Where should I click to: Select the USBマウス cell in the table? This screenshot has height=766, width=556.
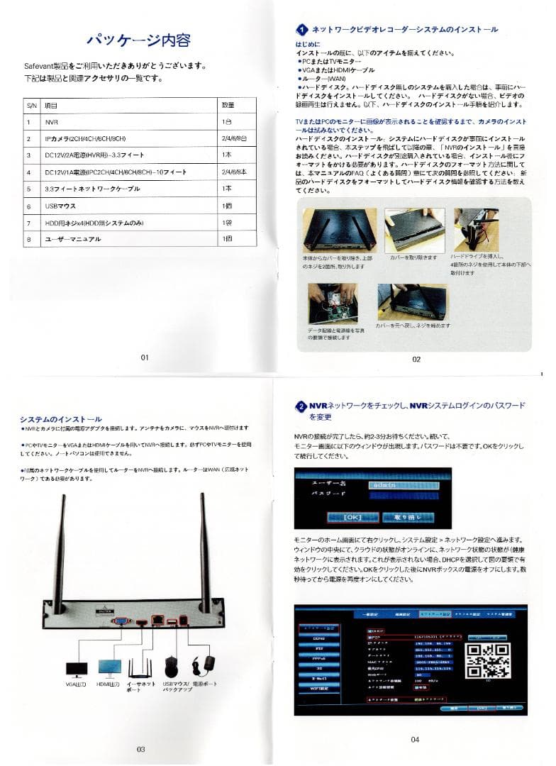click(x=64, y=206)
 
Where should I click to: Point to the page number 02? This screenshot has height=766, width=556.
click(x=416, y=359)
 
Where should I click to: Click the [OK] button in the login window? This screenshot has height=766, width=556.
click(x=352, y=517)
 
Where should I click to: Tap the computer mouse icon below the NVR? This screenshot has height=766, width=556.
click(x=171, y=666)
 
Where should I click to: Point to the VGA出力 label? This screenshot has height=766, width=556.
click(x=76, y=686)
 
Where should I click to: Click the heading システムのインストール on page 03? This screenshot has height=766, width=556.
click(x=61, y=419)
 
